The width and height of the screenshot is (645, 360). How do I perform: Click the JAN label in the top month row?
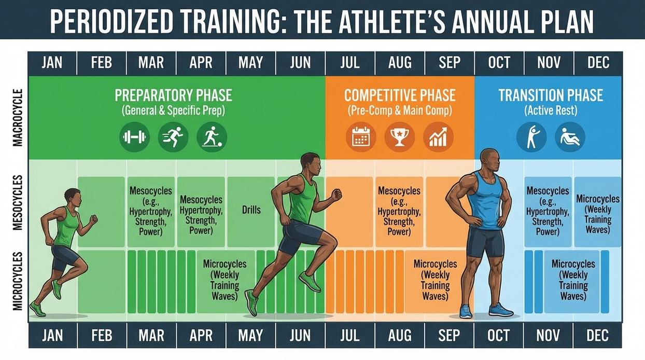tap(52, 63)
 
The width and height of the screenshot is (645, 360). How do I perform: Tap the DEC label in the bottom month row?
tap(598, 335)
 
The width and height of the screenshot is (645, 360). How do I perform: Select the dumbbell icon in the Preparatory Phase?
tap(134, 137)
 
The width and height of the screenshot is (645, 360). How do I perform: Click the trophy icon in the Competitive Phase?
tap(399, 137)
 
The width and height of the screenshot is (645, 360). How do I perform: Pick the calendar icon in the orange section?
tap(361, 137)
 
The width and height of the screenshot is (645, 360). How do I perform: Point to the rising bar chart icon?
tap(438, 137)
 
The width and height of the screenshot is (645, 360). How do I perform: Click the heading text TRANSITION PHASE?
tap(551, 95)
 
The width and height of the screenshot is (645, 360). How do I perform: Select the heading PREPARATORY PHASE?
tap(173, 95)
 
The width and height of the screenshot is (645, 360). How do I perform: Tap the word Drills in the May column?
tap(251, 210)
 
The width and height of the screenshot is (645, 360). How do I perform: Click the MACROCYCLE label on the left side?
tap(18, 118)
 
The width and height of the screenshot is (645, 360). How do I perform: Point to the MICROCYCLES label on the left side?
tap(18, 281)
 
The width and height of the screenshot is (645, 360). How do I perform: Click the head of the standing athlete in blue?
tap(489, 160)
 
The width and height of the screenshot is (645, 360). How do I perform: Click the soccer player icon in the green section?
tap(212, 137)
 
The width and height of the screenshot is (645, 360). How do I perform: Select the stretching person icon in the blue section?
tap(531, 137)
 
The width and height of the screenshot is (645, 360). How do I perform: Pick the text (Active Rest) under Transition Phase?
tap(551, 110)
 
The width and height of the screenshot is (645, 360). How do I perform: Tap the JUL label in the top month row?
tap(350, 63)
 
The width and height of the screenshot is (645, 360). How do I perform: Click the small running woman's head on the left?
tap(72, 197)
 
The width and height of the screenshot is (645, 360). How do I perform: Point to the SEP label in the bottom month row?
tap(449, 335)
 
